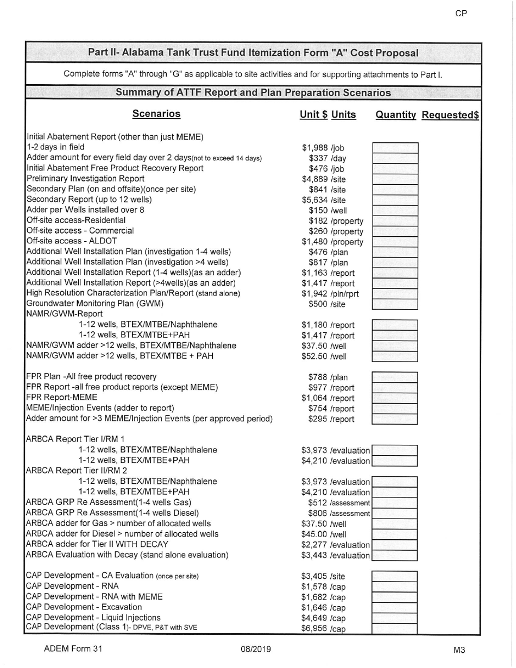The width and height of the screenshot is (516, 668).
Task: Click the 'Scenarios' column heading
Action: [x=156, y=114]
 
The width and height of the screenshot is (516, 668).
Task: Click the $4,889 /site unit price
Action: [x=324, y=179]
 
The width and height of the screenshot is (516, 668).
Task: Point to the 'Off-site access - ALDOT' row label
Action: [x=71, y=241]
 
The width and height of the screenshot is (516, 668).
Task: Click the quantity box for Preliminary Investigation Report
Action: [x=395, y=179]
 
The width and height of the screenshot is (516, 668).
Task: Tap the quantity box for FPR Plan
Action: [x=395, y=377]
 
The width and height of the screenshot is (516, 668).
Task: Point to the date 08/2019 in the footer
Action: [x=256, y=649]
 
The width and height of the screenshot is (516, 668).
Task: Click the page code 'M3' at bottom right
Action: [x=459, y=650]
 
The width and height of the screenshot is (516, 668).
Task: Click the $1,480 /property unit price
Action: [x=332, y=241]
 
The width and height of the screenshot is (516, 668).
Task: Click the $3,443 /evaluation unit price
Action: [x=336, y=555]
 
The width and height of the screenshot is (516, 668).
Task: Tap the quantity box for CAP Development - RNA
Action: [x=395, y=587]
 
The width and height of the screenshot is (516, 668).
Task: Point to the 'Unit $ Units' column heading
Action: [x=328, y=115]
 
